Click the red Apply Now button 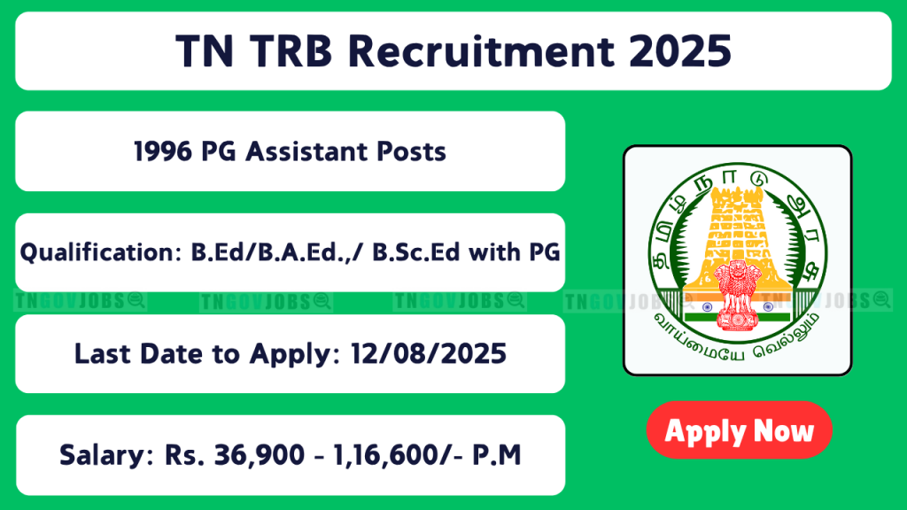point(739,430)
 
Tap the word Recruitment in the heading point(481,50)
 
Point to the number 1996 point(163,151)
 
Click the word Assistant point(306,151)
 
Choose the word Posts point(411,151)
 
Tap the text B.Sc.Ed point(416,252)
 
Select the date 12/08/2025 point(429,354)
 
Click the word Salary point(106,455)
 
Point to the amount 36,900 point(260,455)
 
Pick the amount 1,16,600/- point(398,455)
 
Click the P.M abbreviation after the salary point(496,455)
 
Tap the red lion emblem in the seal point(736,295)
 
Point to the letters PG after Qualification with point(545,252)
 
